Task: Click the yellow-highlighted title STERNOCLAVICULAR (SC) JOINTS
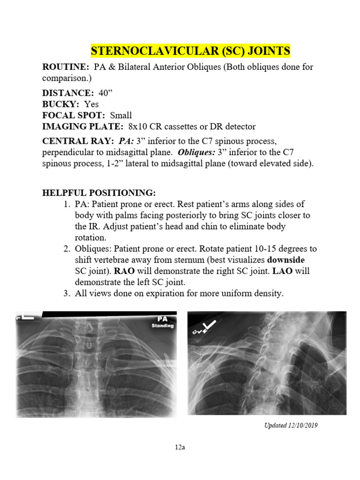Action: (190, 51)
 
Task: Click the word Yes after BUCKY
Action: (91, 105)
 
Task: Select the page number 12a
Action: (180, 447)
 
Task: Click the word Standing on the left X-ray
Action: (163, 325)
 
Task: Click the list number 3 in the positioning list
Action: (66, 294)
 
